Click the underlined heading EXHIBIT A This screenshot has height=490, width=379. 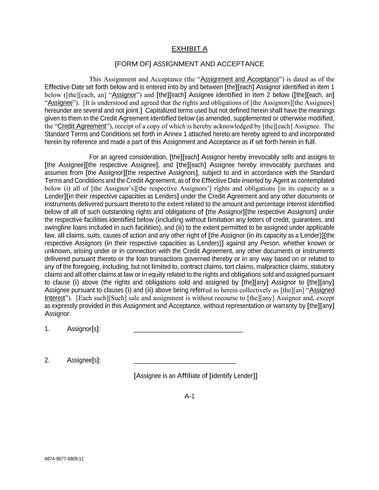[189, 49]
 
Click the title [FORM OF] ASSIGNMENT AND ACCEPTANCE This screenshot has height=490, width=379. [189, 64]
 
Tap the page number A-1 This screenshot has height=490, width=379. [189, 396]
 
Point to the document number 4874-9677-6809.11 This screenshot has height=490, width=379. [64, 459]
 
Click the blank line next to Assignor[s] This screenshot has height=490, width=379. [188, 331]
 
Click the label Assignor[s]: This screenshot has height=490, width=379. [83, 329]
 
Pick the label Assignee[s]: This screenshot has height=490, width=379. [84, 360]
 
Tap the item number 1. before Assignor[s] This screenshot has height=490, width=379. [47, 329]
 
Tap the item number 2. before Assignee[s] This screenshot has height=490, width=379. [47, 360]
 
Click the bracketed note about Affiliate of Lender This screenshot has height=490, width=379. [195, 376]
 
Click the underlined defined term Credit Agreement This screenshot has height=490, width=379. [82, 126]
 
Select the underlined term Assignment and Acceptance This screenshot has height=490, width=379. [240, 79]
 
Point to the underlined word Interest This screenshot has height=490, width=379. [55, 298]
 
